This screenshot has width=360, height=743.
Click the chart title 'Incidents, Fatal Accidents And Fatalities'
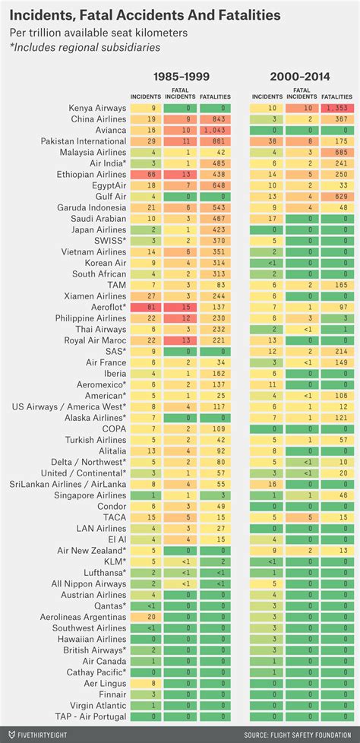[x=144, y=15]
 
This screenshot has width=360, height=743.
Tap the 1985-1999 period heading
[x=182, y=77]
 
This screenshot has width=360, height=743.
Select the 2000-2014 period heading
[x=302, y=77]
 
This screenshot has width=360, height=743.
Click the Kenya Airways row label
[x=96, y=109]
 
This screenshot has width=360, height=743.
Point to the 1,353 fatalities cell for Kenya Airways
[x=336, y=109]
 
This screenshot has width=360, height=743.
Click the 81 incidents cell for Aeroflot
[x=143, y=307]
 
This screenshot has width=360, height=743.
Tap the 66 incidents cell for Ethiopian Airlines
[x=143, y=175]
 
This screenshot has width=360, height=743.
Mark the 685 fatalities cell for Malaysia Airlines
[x=336, y=153]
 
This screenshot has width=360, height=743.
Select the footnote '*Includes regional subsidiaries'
[x=85, y=47]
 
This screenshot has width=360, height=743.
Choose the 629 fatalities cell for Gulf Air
[x=336, y=197]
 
